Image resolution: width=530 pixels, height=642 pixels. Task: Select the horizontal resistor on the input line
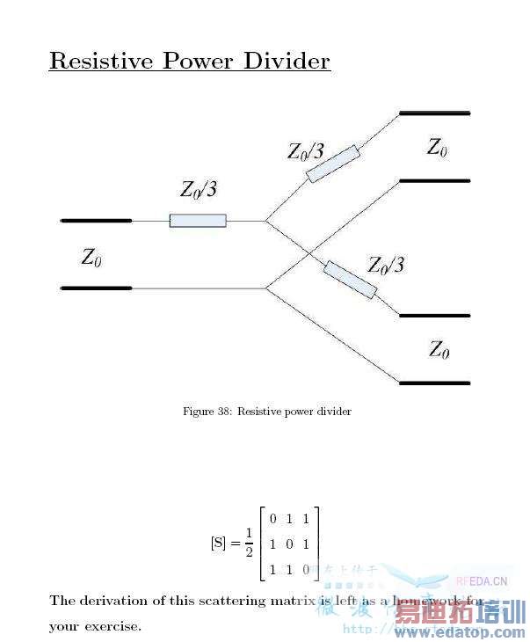[x=198, y=221]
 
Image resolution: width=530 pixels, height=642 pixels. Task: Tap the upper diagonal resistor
[x=333, y=164]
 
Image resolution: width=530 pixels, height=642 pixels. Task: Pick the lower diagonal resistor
[x=350, y=280]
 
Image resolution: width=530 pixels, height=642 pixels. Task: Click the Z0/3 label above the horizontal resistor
[x=198, y=190]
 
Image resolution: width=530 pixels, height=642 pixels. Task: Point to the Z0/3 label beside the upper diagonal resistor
[x=305, y=151]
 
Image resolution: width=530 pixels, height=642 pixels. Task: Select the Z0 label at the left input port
[x=91, y=258]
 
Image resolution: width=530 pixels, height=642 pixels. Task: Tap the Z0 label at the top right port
[x=437, y=147]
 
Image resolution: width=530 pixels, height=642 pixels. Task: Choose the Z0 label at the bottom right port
[x=439, y=349]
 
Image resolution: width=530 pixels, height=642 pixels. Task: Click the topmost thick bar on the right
[x=434, y=113]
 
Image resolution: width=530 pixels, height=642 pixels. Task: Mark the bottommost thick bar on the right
[x=434, y=383]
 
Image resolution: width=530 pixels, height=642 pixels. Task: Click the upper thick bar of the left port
[x=96, y=220]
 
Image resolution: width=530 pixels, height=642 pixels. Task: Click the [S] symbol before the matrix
[x=219, y=543]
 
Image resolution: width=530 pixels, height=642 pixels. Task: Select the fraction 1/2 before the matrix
[x=249, y=543]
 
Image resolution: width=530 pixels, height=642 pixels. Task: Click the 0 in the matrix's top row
[x=273, y=518]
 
